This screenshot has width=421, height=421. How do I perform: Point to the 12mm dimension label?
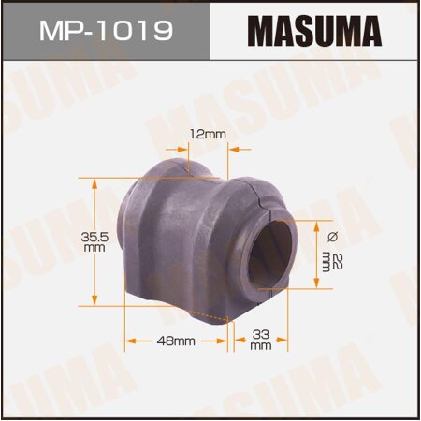pyautogui.click(x=208, y=134)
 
